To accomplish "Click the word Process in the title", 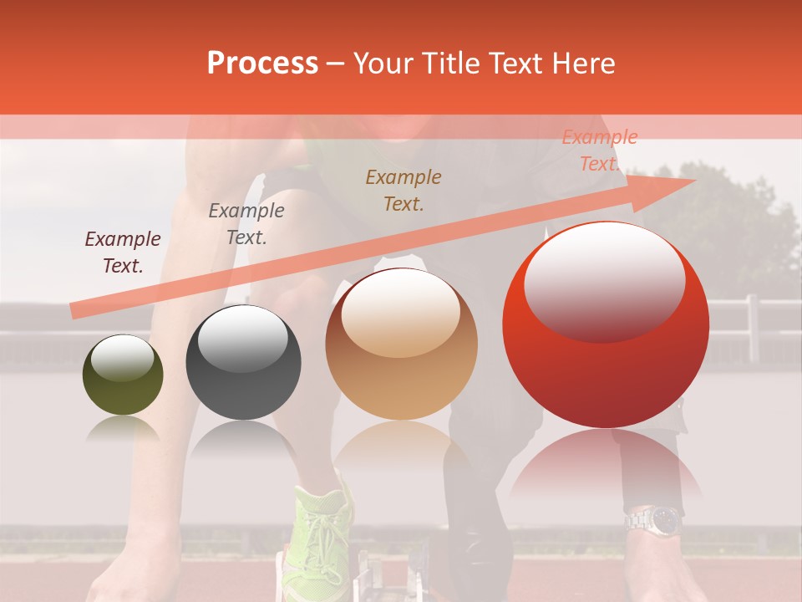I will point(262,64).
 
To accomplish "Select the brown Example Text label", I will point(404,190).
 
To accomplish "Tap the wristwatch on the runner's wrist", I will point(654,520).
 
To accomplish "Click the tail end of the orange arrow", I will point(77,311).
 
